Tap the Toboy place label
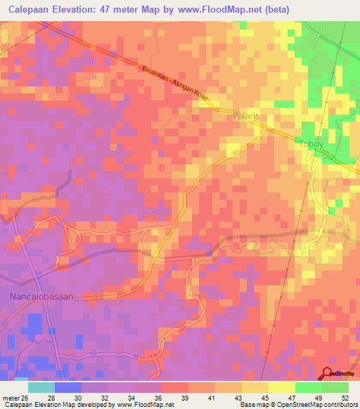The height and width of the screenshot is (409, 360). click(311, 145)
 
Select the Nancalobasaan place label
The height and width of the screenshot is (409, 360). click(41, 297)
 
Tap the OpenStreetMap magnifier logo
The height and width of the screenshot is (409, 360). click(328, 373)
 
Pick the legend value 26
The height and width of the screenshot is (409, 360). click(26, 397)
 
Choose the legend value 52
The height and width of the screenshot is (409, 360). click(345, 397)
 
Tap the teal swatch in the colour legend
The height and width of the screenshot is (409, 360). click(41, 387)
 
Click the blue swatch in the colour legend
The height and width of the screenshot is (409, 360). click(67, 387)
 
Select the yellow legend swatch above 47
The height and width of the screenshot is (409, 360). click(281, 387)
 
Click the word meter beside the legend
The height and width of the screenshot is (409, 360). click(10, 397)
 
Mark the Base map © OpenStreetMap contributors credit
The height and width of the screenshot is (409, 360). click(297, 405)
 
